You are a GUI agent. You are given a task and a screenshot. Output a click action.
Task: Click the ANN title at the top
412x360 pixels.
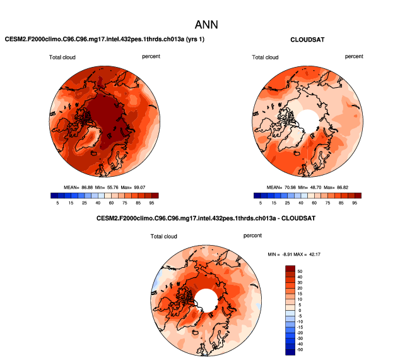click(x=206, y=25)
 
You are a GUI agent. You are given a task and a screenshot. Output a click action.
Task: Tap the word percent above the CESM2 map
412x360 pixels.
click(x=151, y=56)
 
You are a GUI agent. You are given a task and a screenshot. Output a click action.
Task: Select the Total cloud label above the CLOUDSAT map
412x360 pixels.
click(x=265, y=57)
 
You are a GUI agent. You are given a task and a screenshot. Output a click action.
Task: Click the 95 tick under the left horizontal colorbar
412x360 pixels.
click(x=155, y=203)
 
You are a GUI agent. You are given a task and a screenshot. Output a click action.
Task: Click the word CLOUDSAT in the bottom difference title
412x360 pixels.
click(x=295, y=218)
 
